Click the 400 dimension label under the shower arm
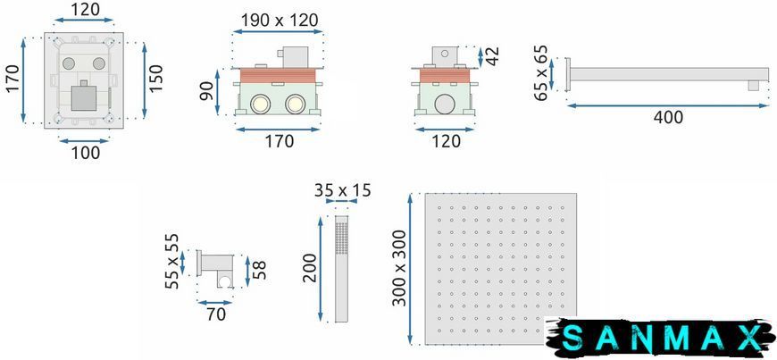pyautogui.click(x=668, y=118)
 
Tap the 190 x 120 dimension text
pyautogui.click(x=280, y=21)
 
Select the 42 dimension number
pyautogui.click(x=494, y=56)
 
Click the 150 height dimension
pyautogui.click(x=156, y=78)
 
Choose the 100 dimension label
pyautogui.click(x=85, y=153)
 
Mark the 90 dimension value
pyautogui.click(x=206, y=91)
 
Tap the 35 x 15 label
pyautogui.click(x=342, y=190)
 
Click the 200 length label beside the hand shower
pyautogui.click(x=310, y=268)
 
